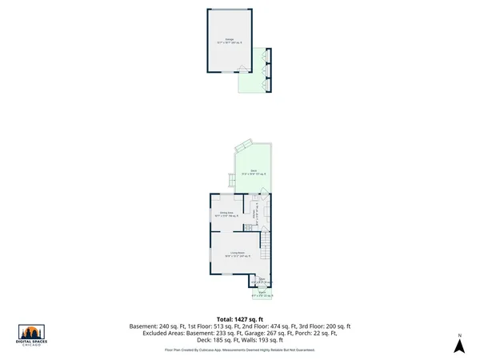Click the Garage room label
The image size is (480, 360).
[x=230, y=41]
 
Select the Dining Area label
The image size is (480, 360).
[x=226, y=214]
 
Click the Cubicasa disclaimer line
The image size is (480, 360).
[x=240, y=350]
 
